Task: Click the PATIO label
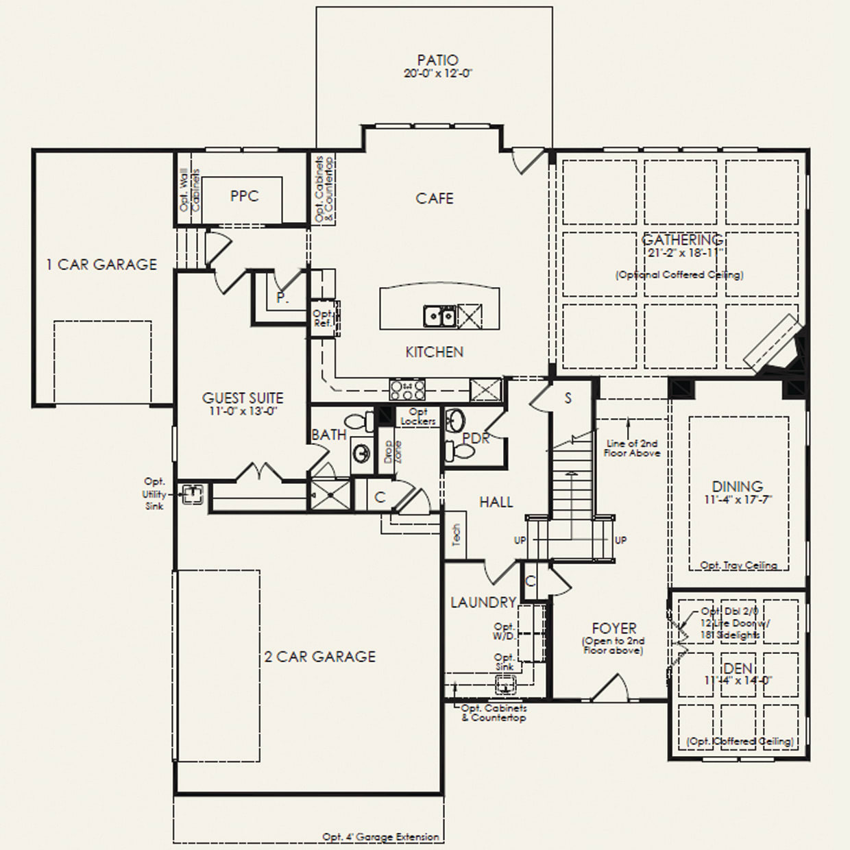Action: [x=437, y=60]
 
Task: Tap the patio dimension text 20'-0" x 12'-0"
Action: [x=438, y=73]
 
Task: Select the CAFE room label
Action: [x=435, y=198]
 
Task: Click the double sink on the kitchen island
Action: [x=439, y=316]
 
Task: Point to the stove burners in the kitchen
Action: [x=406, y=390]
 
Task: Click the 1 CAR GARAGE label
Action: [x=101, y=265]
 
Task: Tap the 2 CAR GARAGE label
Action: [x=320, y=657]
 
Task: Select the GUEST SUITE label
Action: [x=243, y=398]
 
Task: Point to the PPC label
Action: [x=244, y=197]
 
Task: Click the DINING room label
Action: [x=737, y=487]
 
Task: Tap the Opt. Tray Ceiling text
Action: [x=738, y=566]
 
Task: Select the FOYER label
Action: [x=614, y=628]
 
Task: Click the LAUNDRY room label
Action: [x=483, y=603]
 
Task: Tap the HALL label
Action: [x=496, y=502]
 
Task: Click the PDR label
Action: [x=476, y=438]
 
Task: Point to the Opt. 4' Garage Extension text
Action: [x=380, y=837]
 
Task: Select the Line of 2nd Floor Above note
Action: [x=632, y=448]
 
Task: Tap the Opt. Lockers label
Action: [x=418, y=416]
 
